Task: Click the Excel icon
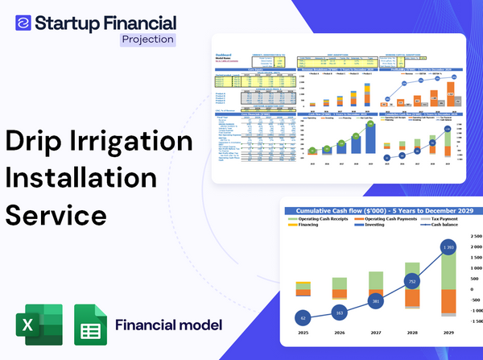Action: [x=37, y=325]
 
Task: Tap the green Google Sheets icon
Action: [x=90, y=325]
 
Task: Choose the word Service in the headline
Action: [x=56, y=215]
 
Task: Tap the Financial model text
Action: [x=168, y=325]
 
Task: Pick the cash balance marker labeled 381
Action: [x=375, y=301]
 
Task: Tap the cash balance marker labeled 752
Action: [x=411, y=282]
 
